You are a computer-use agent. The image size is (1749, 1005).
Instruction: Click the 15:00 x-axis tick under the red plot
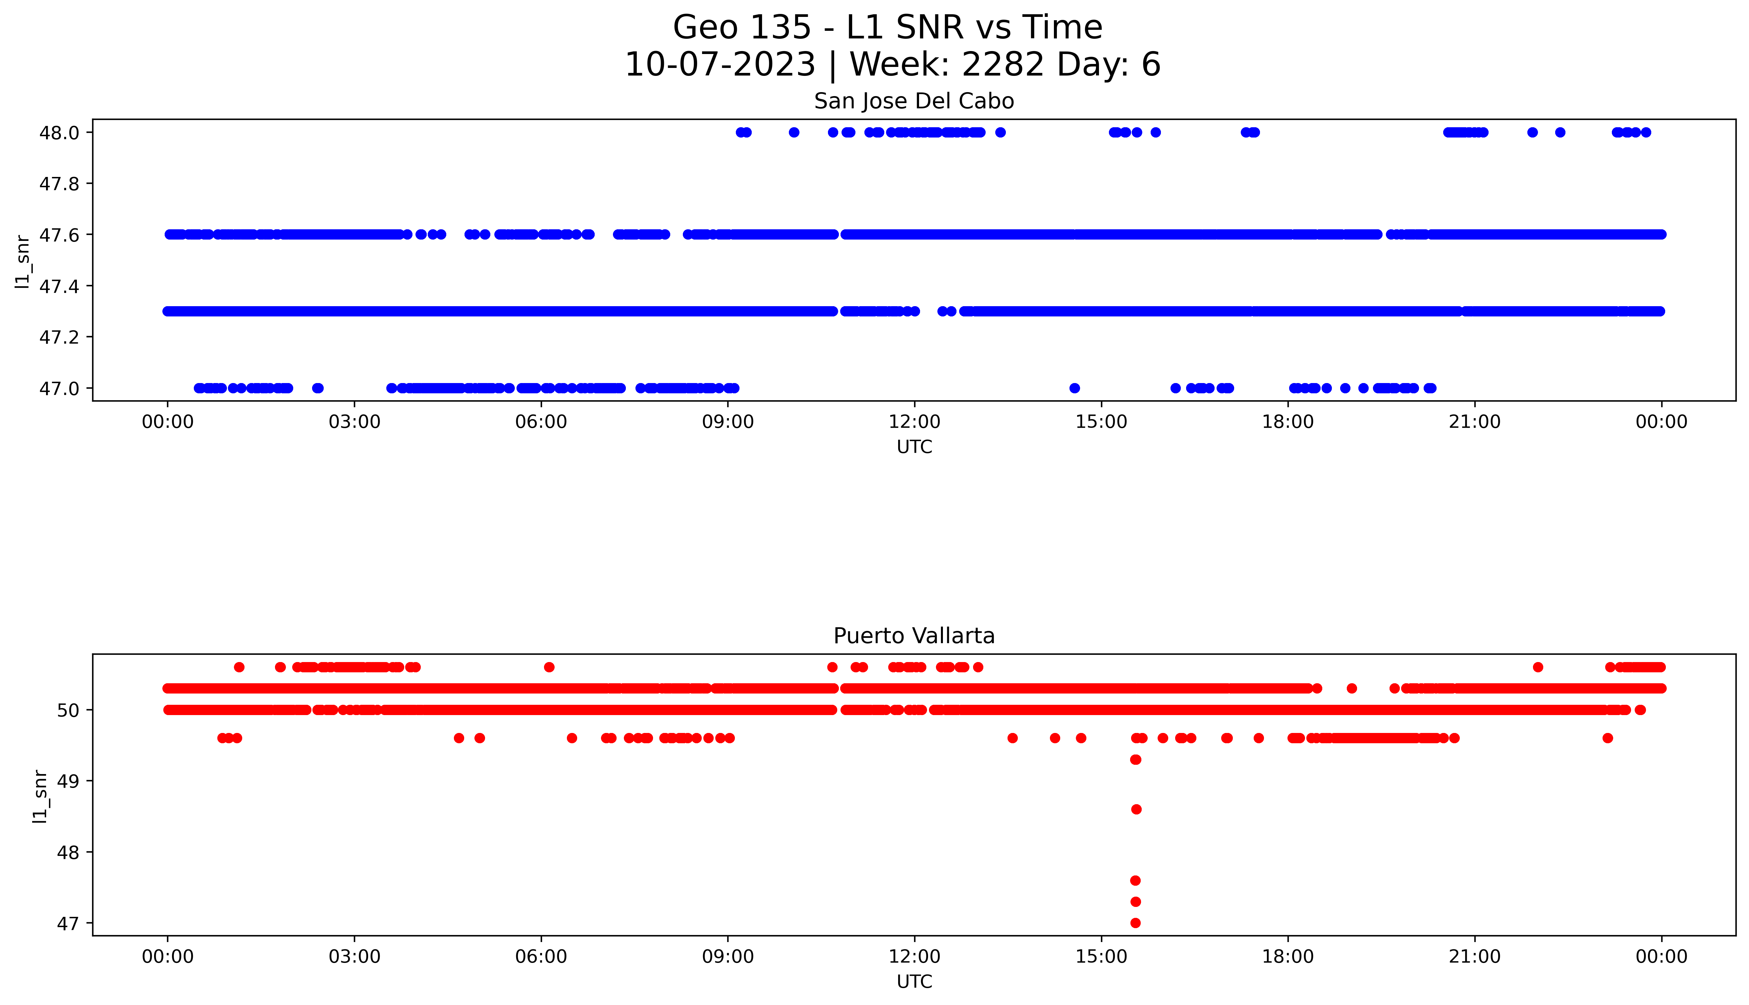tap(1101, 957)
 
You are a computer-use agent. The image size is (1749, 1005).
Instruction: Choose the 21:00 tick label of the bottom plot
tap(1474, 957)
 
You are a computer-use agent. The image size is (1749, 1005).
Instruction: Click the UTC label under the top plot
tap(914, 447)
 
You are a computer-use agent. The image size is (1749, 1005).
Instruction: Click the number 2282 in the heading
tap(1003, 65)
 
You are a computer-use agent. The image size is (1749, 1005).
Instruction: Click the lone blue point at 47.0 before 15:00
tap(1074, 388)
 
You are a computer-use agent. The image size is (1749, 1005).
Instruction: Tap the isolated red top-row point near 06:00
tap(549, 667)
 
